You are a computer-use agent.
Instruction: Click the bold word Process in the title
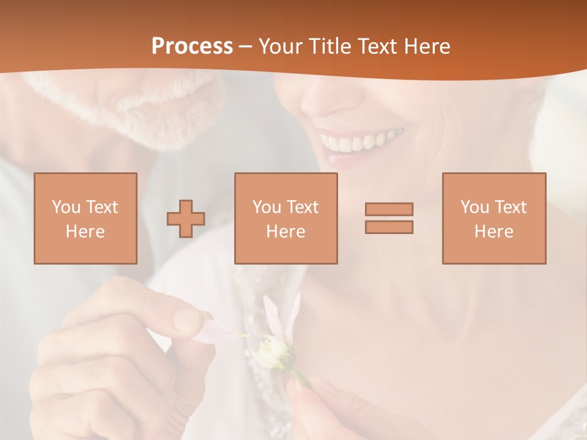pyautogui.click(x=192, y=46)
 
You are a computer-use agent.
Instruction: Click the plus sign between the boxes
pyautogui.click(x=186, y=218)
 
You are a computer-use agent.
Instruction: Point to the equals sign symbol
pyautogui.click(x=389, y=218)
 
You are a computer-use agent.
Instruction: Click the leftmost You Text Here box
pyautogui.click(x=85, y=218)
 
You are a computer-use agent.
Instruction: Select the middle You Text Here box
pyautogui.click(x=286, y=218)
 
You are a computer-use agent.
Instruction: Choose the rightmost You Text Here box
pyautogui.click(x=493, y=218)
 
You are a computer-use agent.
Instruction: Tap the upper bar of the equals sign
pyautogui.click(x=389, y=209)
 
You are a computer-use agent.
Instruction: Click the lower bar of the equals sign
pyautogui.click(x=389, y=227)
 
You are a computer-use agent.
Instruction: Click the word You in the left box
pyautogui.click(x=65, y=207)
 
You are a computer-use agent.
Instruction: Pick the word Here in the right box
pyautogui.click(x=493, y=232)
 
